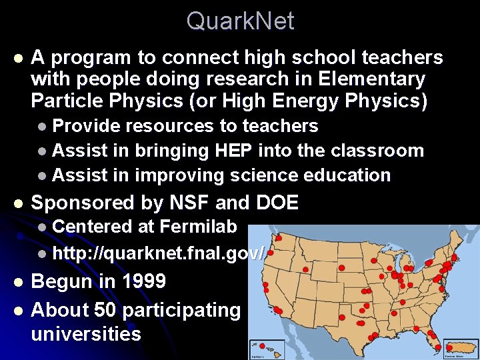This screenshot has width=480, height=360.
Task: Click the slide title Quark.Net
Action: tap(240, 21)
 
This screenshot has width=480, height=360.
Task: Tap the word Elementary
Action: tap(372, 79)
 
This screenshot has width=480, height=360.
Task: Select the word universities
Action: tap(86, 333)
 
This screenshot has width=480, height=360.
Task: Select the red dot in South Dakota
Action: tap(341, 267)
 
